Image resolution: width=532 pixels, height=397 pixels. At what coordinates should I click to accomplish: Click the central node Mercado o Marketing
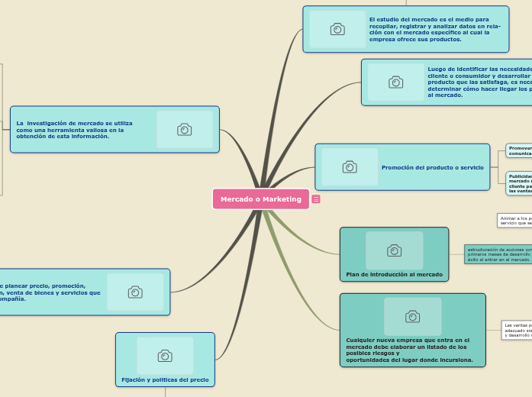pos(261,199)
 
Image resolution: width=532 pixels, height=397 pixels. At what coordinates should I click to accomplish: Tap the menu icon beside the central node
pos(316,199)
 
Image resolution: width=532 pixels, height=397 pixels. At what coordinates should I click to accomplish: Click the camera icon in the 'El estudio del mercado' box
pos(337,29)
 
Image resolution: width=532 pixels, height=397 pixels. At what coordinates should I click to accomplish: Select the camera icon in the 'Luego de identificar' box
pos(395,82)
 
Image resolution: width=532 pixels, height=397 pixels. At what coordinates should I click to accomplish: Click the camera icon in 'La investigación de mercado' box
pos(184,129)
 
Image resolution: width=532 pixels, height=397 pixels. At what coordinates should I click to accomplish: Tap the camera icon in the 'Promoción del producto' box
pos(350,166)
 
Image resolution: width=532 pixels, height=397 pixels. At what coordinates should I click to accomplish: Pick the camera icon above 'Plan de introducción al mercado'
pos(394,250)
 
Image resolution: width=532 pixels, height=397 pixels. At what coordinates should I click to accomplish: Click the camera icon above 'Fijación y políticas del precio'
pos(165,356)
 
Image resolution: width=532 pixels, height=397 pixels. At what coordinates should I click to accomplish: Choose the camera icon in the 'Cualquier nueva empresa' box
pos(412,316)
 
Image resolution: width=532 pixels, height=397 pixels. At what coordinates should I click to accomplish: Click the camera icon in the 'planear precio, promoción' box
pos(135,292)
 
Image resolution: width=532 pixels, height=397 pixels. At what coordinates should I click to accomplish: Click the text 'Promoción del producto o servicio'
pos(432,167)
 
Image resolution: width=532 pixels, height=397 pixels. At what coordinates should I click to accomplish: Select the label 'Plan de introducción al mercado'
pos(394,274)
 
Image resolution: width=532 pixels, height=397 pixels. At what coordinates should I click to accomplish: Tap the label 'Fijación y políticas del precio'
pos(165,379)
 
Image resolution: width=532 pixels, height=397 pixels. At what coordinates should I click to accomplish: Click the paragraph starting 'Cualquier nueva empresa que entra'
pos(409,350)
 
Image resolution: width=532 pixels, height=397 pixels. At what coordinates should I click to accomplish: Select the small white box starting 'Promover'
pos(520,150)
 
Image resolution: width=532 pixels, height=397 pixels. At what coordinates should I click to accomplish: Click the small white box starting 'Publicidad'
pos(520,182)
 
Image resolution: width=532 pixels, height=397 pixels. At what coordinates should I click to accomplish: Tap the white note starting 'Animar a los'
pos(515,220)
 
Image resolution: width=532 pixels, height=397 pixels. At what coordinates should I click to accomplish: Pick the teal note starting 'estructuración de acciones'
pos(498,254)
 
